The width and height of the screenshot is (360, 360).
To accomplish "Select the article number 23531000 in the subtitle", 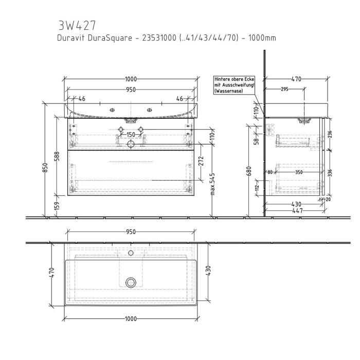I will coord(160,38).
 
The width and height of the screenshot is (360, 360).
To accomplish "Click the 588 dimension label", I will coord(57,156).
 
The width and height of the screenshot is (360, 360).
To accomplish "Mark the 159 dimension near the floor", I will coord(57,206).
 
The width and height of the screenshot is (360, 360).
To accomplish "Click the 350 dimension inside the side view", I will coord(299,173).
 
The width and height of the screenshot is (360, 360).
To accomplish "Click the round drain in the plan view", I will coord(131,282).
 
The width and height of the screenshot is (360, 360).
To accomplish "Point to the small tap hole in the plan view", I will coord(131,253).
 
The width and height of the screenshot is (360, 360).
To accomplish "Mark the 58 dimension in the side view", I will coord(257,141).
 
